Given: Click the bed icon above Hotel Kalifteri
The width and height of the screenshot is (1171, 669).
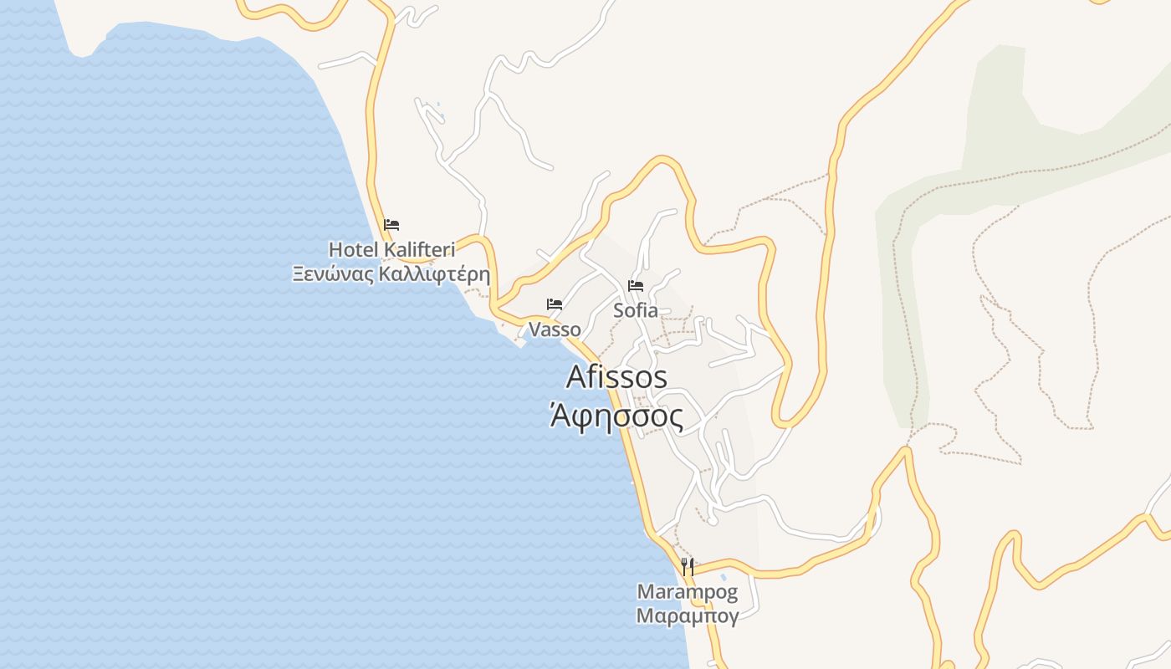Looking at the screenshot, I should click(391, 225).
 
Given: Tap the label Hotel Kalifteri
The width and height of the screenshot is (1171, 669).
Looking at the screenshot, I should click(391, 249).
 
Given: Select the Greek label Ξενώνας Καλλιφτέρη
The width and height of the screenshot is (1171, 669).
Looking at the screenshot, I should click(391, 274).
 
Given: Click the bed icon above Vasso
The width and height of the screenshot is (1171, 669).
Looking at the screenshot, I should click(555, 304).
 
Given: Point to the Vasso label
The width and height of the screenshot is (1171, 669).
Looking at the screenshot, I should click(555, 329).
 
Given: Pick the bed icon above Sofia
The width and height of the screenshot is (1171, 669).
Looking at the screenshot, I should click(636, 286).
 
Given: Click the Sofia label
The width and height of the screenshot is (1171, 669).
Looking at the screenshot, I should click(636, 310).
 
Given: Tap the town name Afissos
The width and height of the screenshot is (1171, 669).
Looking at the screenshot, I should click(616, 377).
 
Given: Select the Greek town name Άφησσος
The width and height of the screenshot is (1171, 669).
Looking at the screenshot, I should click(616, 416).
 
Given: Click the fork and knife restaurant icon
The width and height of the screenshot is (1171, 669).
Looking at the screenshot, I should click(688, 567).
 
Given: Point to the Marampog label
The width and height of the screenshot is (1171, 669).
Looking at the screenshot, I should click(688, 592).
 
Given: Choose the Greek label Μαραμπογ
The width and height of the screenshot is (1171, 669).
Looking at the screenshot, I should click(688, 617).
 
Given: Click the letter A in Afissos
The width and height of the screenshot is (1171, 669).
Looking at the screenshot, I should click(576, 377).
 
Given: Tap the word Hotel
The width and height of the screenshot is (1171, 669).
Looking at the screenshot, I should click(350, 249).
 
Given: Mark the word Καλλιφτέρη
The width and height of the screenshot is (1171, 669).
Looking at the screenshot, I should click(433, 274).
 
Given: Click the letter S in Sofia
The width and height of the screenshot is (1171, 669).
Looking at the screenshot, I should click(619, 310).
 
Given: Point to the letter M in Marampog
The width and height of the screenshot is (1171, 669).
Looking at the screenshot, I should click(645, 592).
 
